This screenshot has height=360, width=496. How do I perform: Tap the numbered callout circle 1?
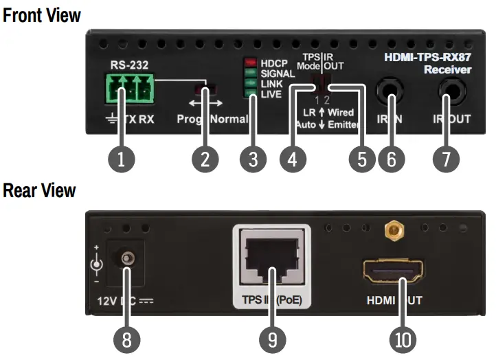[122, 159]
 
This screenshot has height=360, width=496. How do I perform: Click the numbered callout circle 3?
[253, 159]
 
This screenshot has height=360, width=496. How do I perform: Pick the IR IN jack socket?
[392, 89]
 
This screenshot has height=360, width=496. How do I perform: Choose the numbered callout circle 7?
[446, 159]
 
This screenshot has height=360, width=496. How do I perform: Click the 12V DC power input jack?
[127, 260]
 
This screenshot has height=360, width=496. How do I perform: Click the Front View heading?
[42, 14]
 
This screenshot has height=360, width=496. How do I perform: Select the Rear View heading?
[39, 190]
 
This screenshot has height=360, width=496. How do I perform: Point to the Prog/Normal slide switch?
[203, 89]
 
